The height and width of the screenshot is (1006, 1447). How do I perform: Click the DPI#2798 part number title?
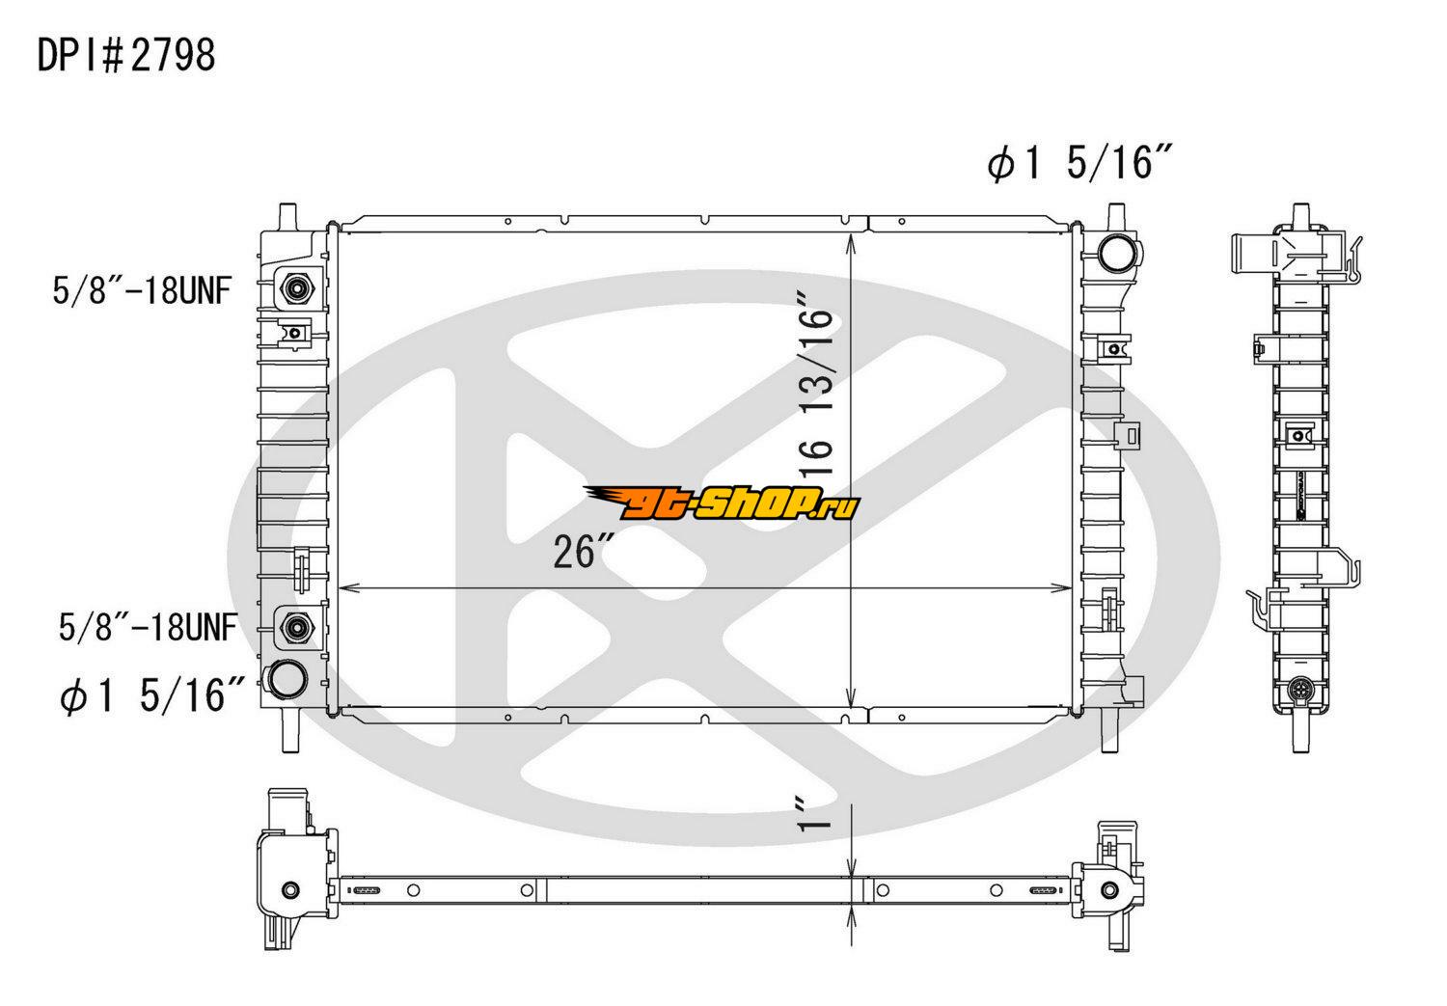(x=126, y=55)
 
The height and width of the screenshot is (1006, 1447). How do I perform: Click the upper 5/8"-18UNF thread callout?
(x=142, y=290)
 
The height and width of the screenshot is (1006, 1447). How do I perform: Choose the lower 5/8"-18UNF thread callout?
(x=148, y=627)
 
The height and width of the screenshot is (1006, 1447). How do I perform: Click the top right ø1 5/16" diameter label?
(x=1078, y=162)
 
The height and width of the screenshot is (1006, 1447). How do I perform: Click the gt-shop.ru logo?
(x=722, y=503)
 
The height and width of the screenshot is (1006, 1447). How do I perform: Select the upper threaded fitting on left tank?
(x=296, y=288)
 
